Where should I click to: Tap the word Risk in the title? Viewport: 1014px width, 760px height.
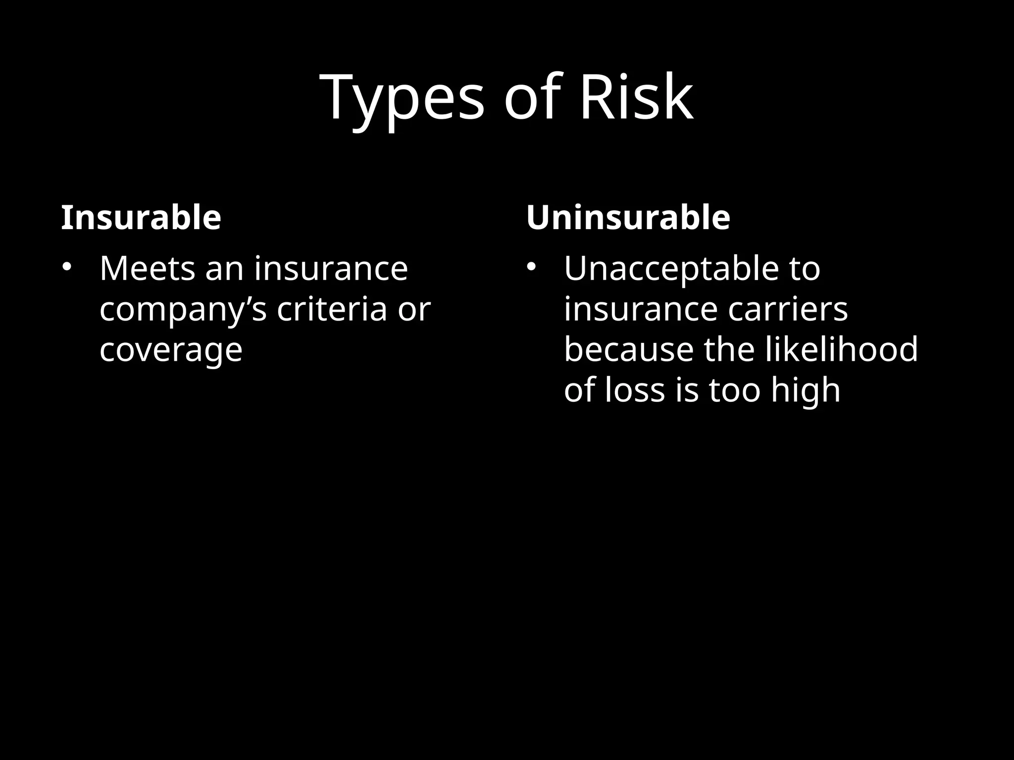point(636,97)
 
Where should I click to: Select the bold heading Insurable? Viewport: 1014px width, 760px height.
point(141,218)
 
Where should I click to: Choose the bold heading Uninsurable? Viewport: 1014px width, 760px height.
point(628,218)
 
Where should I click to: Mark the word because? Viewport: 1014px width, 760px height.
point(629,349)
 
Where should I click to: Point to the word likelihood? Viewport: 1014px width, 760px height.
point(842,349)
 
